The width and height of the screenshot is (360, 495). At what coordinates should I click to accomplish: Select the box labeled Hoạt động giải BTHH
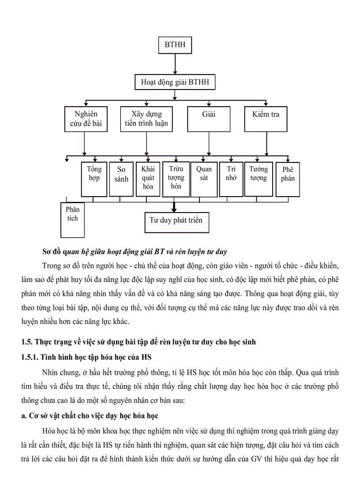pos(175,82)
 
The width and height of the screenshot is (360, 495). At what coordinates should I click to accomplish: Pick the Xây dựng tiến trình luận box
pos(146,119)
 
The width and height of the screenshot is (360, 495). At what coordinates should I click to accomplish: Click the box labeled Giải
pos(209,119)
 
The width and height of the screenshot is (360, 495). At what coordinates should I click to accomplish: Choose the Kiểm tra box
pos(266,119)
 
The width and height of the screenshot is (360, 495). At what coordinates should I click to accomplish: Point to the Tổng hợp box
pos(94,179)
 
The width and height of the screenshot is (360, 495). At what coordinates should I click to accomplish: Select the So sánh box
pos(121,179)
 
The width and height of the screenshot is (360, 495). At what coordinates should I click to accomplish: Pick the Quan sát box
pos(204,179)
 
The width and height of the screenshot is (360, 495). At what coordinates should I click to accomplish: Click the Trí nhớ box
pos(231,179)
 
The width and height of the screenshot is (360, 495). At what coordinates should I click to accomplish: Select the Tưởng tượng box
pos(259,179)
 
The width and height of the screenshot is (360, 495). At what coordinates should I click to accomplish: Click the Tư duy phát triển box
pos(176,222)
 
